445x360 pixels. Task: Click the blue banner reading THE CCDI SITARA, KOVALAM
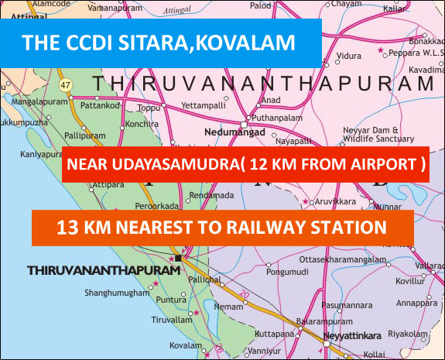click(x=160, y=42)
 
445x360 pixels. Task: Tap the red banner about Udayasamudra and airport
click(x=246, y=165)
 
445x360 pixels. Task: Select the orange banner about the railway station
click(x=223, y=228)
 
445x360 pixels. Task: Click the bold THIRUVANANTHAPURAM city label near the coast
click(x=103, y=271)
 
